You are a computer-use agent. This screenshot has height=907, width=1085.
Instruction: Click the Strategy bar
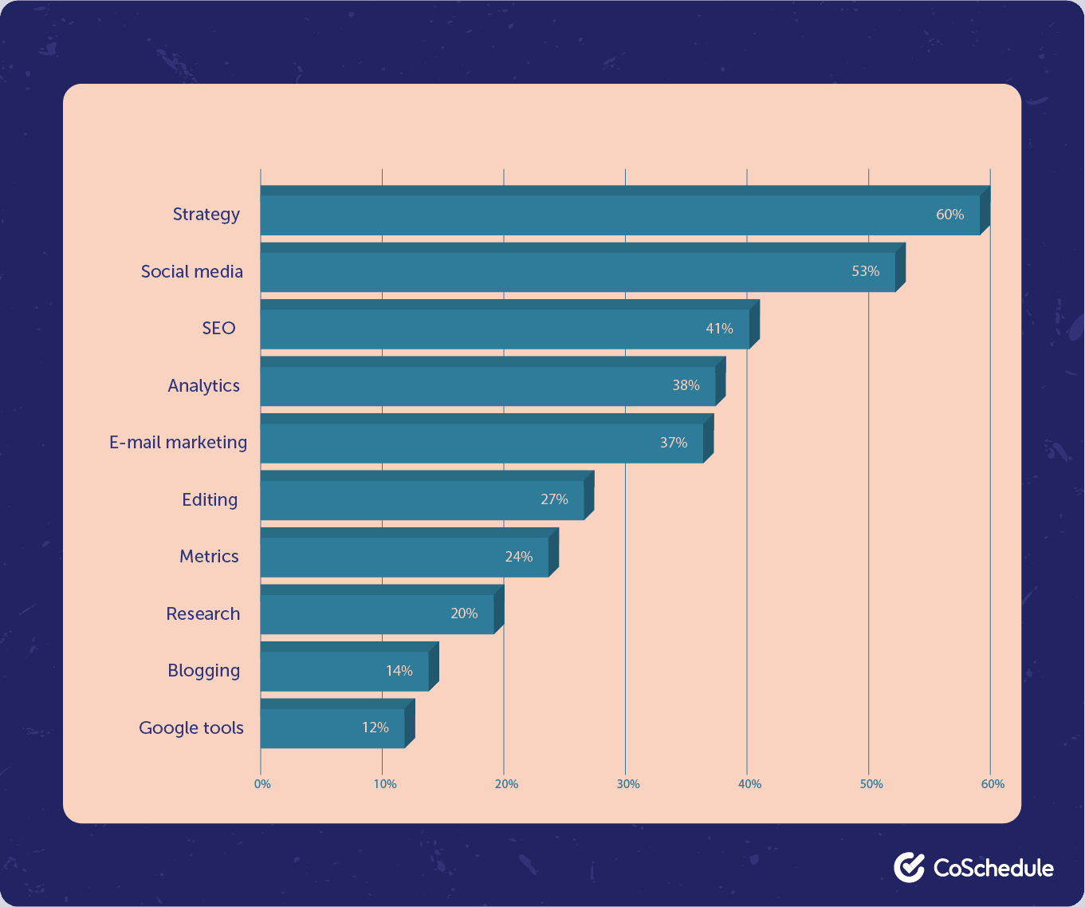point(606,215)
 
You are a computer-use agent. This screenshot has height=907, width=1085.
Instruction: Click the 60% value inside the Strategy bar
point(949,215)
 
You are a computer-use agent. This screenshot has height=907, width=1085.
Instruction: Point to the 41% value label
point(719,329)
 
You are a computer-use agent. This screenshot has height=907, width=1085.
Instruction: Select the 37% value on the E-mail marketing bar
point(674,443)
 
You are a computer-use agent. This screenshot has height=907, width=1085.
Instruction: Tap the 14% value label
point(399,671)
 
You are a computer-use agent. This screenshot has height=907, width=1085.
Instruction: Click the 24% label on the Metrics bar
point(519,557)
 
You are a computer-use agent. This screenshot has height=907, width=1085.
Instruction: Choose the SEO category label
point(218,329)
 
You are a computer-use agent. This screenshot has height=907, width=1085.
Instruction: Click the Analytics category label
point(203,386)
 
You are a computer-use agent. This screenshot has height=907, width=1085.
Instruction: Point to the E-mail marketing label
point(178,443)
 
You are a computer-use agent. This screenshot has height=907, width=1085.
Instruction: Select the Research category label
point(202,614)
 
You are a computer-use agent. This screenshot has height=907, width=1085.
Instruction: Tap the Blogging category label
point(203,671)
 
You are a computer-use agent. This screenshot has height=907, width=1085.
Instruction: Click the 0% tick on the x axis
point(262,784)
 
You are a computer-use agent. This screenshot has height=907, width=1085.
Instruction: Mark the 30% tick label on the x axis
point(628,784)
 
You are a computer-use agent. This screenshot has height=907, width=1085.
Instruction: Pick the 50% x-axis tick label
point(871,784)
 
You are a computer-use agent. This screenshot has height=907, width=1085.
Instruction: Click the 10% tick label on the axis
point(385,784)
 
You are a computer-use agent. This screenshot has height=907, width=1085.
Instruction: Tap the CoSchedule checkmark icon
point(909,867)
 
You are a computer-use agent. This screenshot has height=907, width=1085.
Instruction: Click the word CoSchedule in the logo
point(993,868)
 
